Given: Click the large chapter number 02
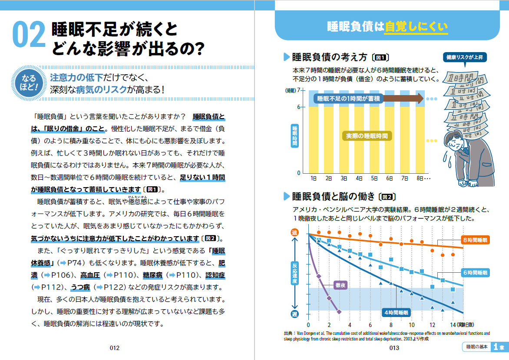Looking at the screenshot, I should [29, 35].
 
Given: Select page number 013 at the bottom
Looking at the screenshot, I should [394, 347].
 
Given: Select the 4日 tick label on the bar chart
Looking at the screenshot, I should [359, 178].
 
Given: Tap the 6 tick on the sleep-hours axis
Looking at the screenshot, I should [298, 106].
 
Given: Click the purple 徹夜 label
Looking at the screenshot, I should [340, 285].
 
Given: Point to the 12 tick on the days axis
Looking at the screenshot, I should [432, 325].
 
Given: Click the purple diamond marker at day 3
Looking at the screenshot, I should [339, 312].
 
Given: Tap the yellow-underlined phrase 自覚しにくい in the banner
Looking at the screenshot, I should [416, 27].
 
